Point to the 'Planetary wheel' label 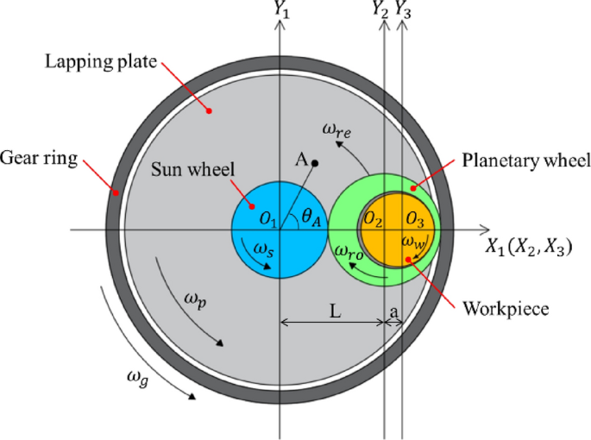[x=525, y=160]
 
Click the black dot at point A [x=316, y=162]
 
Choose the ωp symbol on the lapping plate [x=196, y=299]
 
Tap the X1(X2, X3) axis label [x=527, y=248]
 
